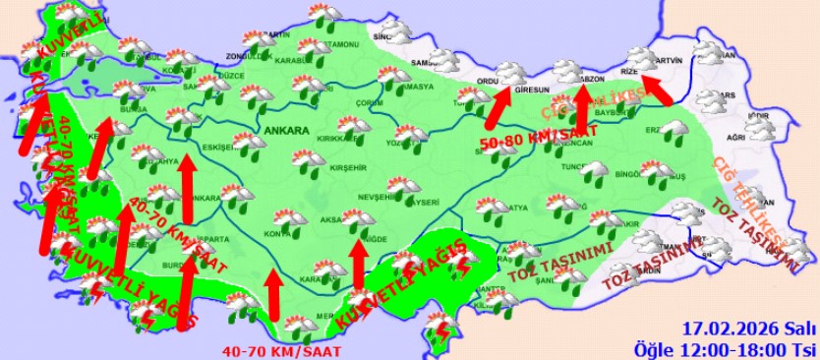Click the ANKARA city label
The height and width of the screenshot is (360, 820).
(x=286, y=129)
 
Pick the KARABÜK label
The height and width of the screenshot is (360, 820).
(x=293, y=60)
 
